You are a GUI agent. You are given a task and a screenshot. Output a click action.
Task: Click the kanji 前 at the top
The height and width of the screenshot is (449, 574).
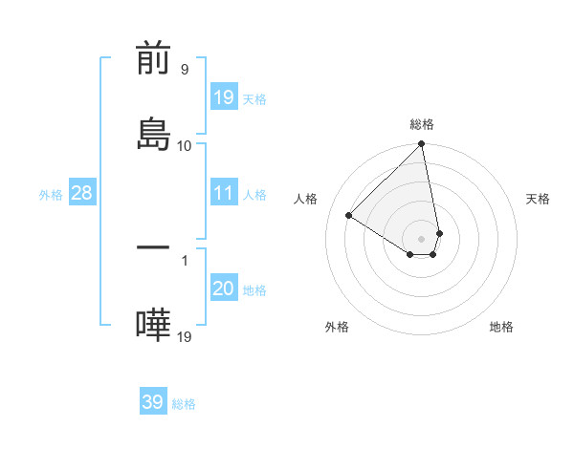point(153,58)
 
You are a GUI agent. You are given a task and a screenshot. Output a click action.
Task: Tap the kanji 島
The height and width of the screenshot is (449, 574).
point(153,133)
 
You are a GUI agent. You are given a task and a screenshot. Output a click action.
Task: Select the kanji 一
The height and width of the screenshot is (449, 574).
point(153,247)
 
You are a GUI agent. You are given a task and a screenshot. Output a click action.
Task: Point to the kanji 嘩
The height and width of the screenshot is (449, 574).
point(153,324)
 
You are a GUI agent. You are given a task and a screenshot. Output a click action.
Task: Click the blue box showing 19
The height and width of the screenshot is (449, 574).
point(224,96)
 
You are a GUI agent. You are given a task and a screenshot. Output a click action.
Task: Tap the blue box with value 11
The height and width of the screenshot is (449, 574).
point(224,193)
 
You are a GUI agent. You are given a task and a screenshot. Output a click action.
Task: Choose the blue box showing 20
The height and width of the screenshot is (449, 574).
point(224,289)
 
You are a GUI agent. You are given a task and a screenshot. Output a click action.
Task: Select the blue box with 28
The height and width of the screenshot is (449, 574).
point(82,193)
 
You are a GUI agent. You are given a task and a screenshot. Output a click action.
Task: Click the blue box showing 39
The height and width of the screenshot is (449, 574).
point(153,402)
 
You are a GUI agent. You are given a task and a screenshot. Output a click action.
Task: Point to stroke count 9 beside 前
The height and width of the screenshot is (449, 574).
point(184,70)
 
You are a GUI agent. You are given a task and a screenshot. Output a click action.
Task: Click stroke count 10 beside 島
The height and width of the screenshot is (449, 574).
point(184,145)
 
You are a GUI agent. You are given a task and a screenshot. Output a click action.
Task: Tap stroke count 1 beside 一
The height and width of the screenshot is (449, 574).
point(184,259)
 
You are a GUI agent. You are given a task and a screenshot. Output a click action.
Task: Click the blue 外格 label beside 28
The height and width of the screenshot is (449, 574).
point(51,194)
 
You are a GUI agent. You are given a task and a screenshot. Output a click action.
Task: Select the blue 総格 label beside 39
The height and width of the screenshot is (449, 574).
point(184,403)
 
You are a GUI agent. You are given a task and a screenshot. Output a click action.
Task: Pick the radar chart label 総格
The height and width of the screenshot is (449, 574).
point(422,124)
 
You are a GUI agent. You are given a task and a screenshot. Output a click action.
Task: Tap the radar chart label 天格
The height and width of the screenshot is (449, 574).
point(538,199)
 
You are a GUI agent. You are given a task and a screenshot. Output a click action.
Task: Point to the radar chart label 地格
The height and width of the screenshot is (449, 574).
point(501,327)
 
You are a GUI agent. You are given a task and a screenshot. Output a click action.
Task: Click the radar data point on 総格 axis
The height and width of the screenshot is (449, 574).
point(422,145)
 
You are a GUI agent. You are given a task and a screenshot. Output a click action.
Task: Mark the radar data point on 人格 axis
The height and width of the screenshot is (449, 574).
point(349,215)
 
